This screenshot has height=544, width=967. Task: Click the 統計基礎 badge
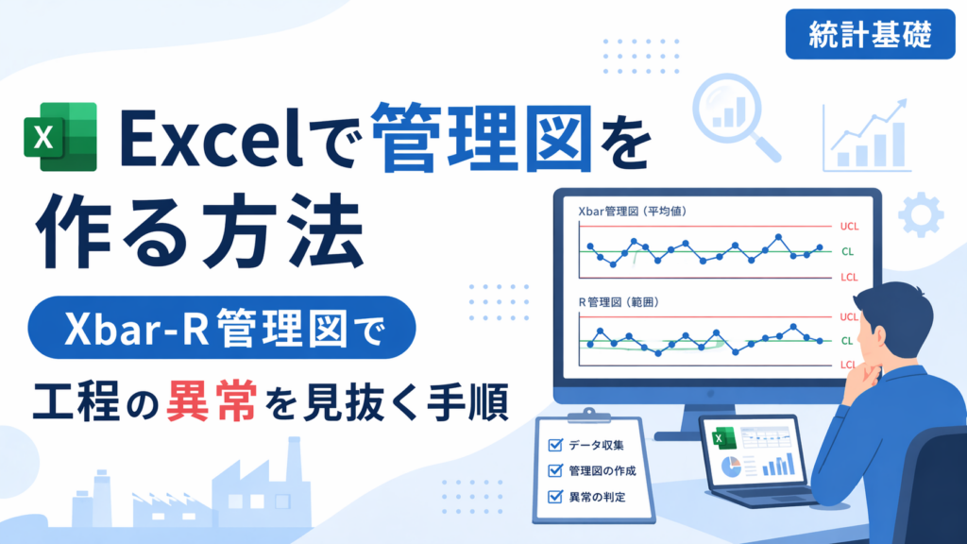point(870,34)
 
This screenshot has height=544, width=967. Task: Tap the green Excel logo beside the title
point(60,136)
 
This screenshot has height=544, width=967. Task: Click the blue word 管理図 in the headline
point(482,138)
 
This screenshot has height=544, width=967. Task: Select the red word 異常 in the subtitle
point(212,401)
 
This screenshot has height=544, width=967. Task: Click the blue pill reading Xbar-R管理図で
point(222,328)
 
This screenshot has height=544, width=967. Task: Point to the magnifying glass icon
point(735,116)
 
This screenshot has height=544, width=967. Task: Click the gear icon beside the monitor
point(921,214)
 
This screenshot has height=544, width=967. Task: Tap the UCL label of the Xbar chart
point(849,227)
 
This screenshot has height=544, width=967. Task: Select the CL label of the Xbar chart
point(847,251)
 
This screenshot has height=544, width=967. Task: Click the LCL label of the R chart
point(849,365)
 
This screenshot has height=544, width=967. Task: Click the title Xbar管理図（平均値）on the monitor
point(633,211)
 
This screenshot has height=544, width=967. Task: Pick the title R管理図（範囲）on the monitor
point(619,302)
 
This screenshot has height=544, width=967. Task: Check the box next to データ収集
point(555,445)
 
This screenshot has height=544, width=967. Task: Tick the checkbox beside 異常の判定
point(555,497)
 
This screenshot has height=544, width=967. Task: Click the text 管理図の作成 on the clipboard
point(602,470)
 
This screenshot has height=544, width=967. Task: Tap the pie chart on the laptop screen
point(732,467)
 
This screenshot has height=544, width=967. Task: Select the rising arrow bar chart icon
point(867,136)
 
